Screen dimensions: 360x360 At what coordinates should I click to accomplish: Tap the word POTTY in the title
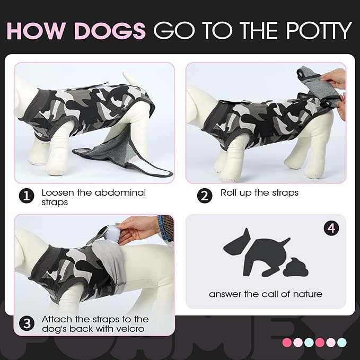pos(314,31)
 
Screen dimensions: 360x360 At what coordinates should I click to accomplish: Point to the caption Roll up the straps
pos(259,192)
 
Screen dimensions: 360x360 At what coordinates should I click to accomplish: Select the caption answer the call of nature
pos(265,294)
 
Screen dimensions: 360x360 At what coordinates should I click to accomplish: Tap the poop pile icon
pos(295,267)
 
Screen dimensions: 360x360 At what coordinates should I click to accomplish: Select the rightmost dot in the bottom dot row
pos(341,342)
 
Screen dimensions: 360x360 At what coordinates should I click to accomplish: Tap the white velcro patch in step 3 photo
pos(112,232)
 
